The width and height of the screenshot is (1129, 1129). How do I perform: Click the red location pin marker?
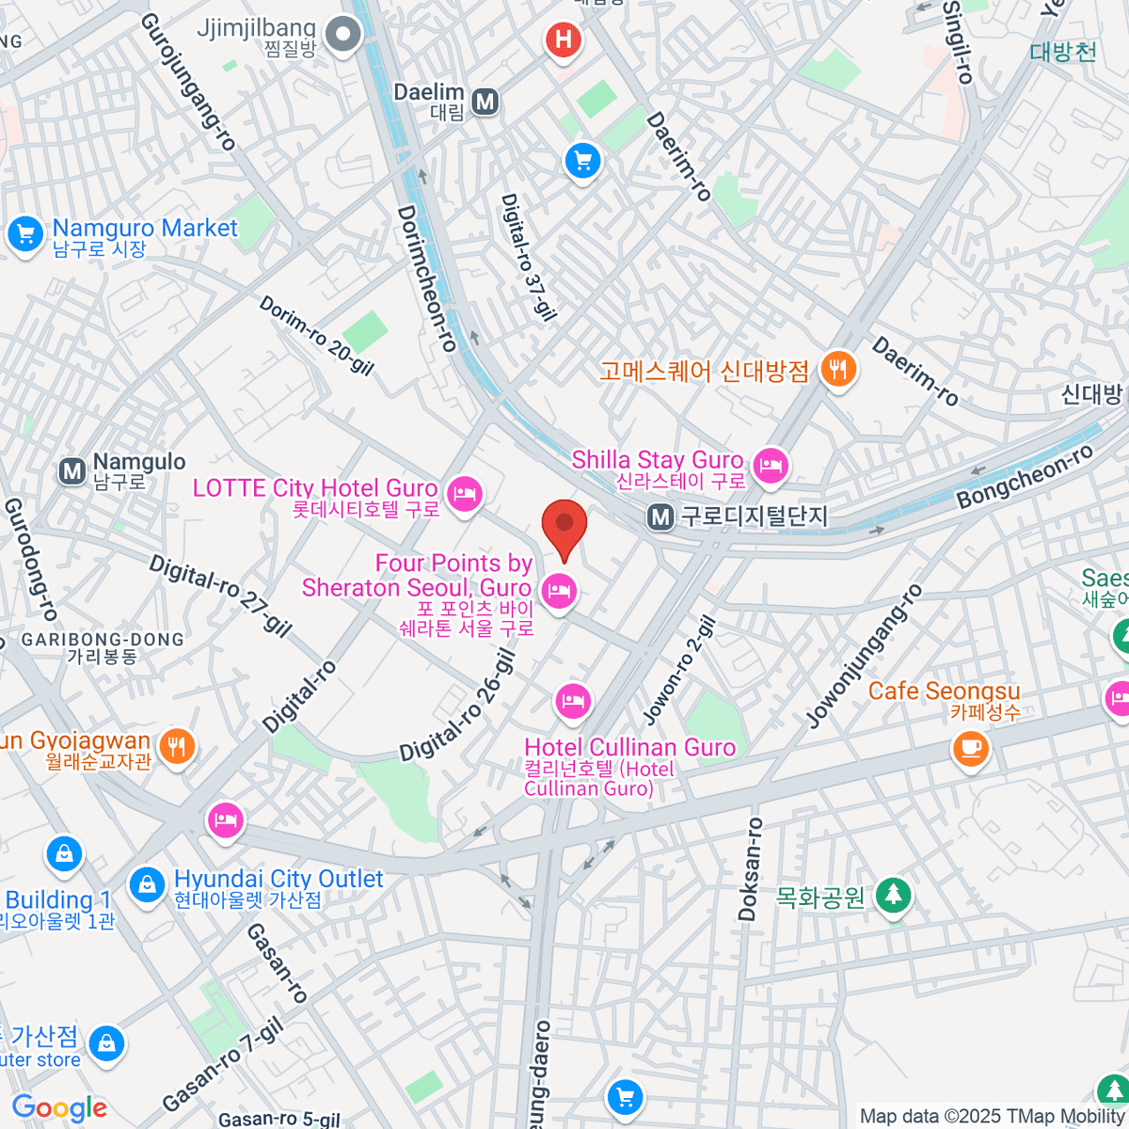(x=564, y=526)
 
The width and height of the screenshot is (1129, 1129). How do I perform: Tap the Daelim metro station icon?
(x=485, y=101)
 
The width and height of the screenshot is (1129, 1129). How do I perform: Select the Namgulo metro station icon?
(x=72, y=471)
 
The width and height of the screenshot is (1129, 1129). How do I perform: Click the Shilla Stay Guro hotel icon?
(x=771, y=466)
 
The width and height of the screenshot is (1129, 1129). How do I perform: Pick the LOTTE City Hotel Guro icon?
(x=464, y=493)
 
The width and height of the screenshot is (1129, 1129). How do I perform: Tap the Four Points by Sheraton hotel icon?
(x=560, y=592)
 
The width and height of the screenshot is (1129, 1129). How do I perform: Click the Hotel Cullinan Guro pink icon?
(x=572, y=700)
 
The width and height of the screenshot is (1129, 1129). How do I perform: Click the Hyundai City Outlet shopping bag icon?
(x=147, y=885)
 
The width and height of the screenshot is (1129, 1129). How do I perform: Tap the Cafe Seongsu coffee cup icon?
(x=971, y=749)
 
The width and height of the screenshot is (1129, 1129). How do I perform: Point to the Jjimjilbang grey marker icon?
(x=344, y=37)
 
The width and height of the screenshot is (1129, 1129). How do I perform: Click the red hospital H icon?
(x=563, y=40)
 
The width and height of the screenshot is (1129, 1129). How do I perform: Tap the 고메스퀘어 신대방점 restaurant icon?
(x=836, y=369)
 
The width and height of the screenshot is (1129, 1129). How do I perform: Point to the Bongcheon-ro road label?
(x=1025, y=477)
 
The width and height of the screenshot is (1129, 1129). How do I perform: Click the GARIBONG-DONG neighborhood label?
(x=103, y=640)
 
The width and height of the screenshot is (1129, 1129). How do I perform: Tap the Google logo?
(x=60, y=1108)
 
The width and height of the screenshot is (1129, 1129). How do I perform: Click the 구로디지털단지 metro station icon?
(x=661, y=517)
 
